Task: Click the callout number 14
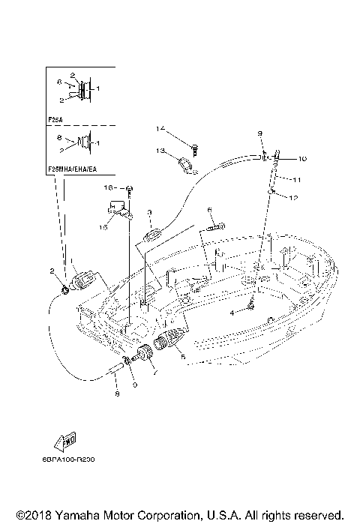[160, 129]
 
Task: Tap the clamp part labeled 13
[186, 163]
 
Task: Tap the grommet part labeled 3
[149, 238]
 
